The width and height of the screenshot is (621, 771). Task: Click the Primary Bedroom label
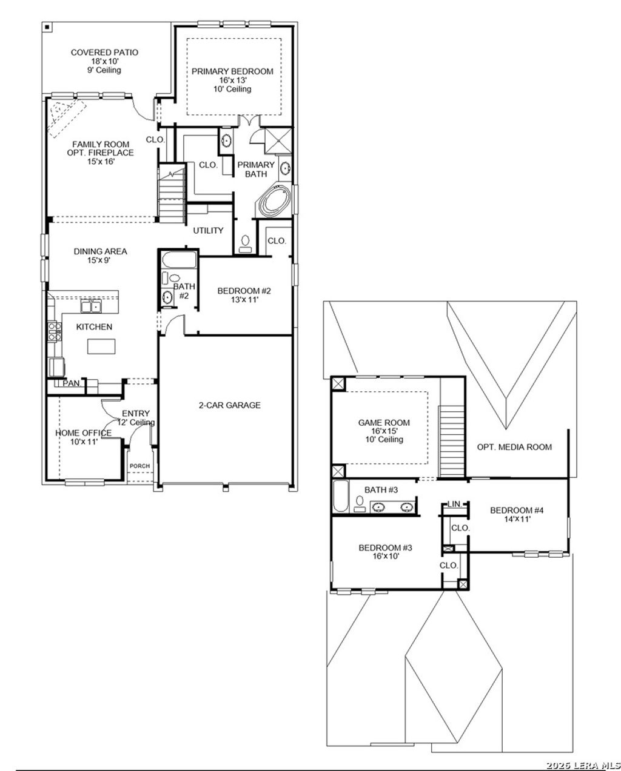coord(232,71)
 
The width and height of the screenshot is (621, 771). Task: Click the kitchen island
coord(101,346)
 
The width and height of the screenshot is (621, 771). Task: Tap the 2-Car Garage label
coord(229,405)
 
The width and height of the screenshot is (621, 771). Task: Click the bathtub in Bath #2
coord(179,262)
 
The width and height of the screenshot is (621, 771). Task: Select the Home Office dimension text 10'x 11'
coord(83,442)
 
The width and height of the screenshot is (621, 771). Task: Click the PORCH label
coord(139,466)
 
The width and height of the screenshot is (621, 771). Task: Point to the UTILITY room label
coord(208,231)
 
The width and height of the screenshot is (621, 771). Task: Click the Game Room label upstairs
coord(383,423)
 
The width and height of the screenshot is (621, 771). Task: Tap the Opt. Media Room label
coord(514,447)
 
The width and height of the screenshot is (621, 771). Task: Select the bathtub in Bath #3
coord(340,496)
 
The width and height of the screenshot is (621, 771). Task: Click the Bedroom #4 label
coord(517,510)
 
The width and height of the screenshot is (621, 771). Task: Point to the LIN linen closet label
coord(454,504)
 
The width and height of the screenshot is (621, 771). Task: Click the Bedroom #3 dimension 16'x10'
coord(386,557)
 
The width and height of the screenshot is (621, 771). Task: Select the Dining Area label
coord(100,251)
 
